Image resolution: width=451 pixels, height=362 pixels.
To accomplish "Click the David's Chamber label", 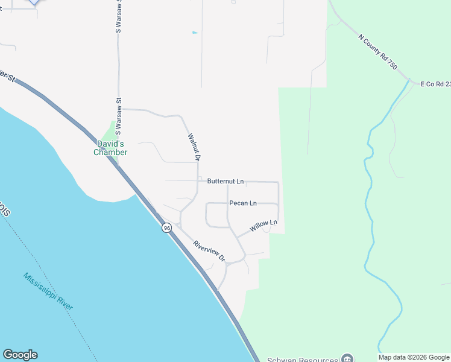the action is tap(110, 148).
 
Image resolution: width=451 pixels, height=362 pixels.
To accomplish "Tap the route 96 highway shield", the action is tap(166, 227).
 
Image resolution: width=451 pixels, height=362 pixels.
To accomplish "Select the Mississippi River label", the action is tap(48, 291).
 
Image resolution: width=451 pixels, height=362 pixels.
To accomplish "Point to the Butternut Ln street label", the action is tap(225, 181).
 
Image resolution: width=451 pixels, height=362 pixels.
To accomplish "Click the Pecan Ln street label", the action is tap(243, 203).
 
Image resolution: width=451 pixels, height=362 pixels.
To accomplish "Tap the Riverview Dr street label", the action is tap(209, 251).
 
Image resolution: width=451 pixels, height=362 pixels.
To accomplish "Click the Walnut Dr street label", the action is tap(194, 147).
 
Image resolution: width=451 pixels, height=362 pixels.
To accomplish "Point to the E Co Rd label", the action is tap(435, 84).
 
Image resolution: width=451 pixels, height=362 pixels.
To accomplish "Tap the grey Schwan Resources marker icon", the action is tap(347, 357).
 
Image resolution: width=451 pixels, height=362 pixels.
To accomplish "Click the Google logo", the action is tap(20, 355).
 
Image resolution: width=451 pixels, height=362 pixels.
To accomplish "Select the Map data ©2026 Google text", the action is tap(414, 358).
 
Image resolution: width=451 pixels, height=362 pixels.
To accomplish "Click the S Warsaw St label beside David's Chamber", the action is tap(119, 116).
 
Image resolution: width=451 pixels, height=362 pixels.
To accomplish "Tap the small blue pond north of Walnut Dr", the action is tap(194, 32).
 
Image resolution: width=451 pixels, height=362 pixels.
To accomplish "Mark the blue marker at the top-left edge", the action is tap(34, 2).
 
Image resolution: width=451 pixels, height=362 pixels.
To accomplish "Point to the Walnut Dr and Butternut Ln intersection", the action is tap(197, 181).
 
